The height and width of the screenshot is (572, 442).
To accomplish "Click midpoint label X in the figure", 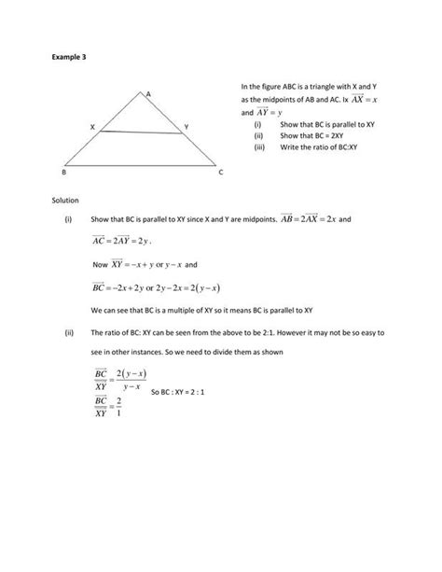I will coord(92,126).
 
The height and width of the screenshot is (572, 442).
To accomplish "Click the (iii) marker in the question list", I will coord(259,146).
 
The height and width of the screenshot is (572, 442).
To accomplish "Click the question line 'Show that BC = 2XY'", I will coord(312,134).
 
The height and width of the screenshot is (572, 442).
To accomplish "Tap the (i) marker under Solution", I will coord(68,220).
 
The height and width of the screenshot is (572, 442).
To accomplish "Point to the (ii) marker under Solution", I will coord(68,331).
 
